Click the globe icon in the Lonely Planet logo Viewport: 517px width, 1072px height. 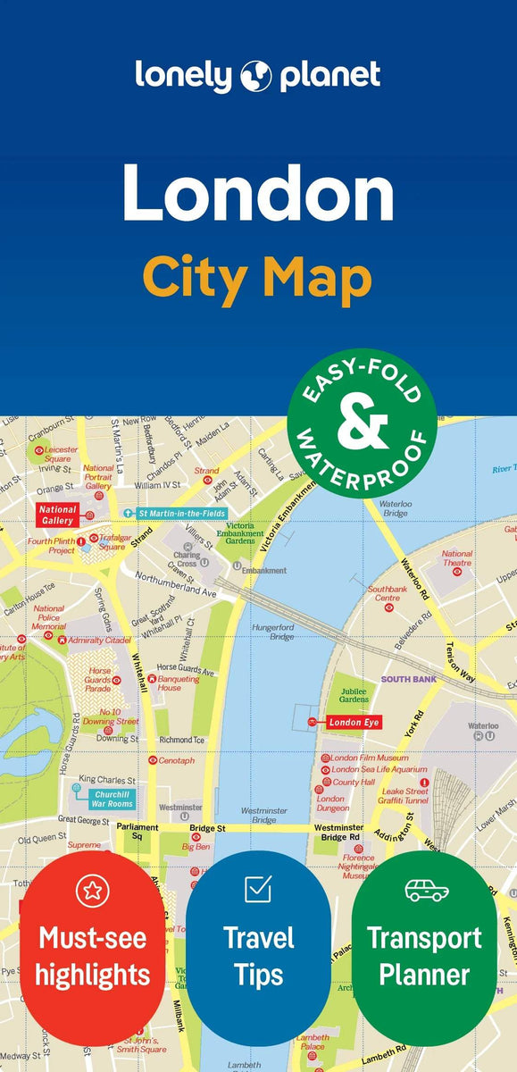(254, 76)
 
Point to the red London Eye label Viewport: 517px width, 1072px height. (355, 722)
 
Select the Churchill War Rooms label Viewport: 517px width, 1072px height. (113, 798)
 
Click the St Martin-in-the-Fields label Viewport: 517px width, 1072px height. (181, 513)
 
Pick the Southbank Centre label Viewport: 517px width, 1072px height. (387, 594)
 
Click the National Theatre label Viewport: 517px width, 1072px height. (457, 558)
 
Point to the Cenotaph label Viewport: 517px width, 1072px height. (175, 760)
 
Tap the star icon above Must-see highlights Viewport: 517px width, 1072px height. (92, 890)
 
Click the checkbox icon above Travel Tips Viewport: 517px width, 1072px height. (258, 889)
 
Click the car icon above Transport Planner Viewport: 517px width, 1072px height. (425, 890)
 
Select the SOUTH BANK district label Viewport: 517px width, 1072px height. (408, 679)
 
